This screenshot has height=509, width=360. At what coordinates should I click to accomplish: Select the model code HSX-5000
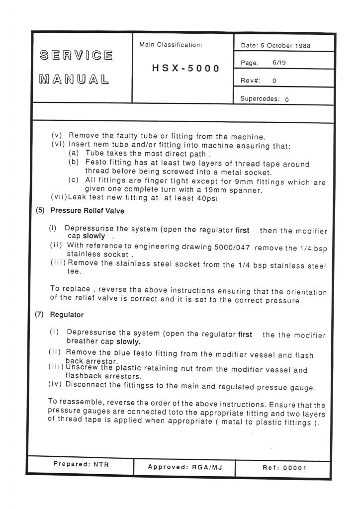[x=185, y=68]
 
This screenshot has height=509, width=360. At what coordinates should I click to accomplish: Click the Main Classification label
[x=171, y=45]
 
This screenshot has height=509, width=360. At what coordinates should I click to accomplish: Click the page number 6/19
[x=279, y=64]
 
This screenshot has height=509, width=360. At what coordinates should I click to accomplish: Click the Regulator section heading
[x=67, y=315]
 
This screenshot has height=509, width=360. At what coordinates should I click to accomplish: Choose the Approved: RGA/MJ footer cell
[x=184, y=467]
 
